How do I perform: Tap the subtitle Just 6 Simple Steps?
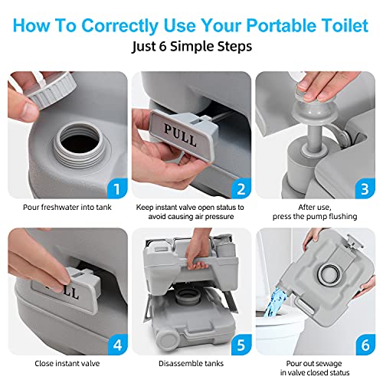tap(191, 47)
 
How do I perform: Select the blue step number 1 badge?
tap(117, 188)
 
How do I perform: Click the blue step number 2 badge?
tap(241, 188)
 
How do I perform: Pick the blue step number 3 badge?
tap(365, 188)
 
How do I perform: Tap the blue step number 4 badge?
tap(117, 345)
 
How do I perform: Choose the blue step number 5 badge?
tap(241, 345)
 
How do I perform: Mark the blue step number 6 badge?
tap(365, 345)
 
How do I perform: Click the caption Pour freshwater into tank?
tap(67, 208)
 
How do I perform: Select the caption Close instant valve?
tap(67, 363)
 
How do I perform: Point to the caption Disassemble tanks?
tap(191, 363)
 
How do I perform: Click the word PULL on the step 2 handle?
tap(180, 136)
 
